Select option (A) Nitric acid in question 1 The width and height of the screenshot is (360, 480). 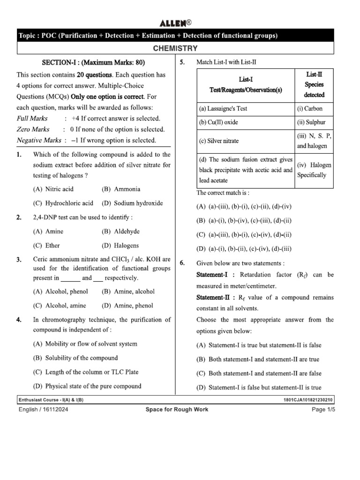53,189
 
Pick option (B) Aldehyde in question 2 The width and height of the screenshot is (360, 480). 120,232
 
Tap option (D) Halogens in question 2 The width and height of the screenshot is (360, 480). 120,246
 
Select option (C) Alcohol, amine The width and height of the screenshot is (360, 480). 60,306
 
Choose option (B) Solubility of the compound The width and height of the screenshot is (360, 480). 75,358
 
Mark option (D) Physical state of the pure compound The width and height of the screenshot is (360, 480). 87,386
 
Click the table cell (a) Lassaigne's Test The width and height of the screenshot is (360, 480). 223,109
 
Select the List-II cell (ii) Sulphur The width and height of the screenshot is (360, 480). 311,122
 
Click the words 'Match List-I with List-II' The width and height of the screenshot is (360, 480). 226,62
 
